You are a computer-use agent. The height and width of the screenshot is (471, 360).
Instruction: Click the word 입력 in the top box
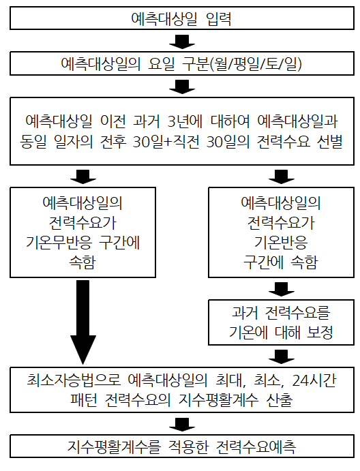[219, 18]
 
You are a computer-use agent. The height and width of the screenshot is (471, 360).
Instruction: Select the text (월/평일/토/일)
[256, 63]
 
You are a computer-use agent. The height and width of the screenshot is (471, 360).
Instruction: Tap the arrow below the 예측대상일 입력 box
[182, 42]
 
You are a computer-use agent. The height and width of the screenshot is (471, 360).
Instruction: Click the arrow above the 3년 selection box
[182, 87]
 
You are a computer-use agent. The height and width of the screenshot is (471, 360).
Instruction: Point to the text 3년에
[185, 121]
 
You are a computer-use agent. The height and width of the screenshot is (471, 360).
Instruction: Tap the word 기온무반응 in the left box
[59, 242]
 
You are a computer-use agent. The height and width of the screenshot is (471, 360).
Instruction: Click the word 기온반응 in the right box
[281, 242]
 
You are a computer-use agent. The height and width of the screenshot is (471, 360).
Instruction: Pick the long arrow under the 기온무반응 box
[83, 322]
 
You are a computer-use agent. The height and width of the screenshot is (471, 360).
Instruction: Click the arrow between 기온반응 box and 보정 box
[282, 289]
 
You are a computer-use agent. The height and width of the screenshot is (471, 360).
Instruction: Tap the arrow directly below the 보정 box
[282, 356]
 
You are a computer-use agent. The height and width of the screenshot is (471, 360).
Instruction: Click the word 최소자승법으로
[74, 380]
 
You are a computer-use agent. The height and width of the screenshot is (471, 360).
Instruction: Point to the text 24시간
[314, 380]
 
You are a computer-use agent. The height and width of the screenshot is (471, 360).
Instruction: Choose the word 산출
[279, 400]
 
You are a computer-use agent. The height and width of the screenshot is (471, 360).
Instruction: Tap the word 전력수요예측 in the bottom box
[256, 446]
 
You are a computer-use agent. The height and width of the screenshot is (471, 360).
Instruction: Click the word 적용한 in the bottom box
[188, 446]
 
